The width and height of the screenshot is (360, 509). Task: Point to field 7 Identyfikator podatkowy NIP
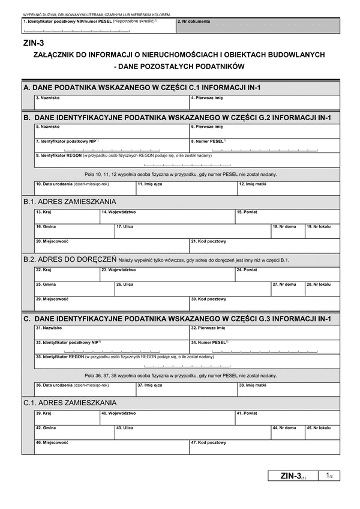(111, 145)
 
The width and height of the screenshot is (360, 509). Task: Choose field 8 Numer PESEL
(264, 145)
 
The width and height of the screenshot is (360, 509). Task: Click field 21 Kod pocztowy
(264, 245)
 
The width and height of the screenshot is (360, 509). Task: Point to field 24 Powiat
(287, 274)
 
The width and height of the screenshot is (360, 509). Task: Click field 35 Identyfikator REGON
(186, 360)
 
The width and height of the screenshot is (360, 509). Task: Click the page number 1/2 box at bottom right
(329, 476)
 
